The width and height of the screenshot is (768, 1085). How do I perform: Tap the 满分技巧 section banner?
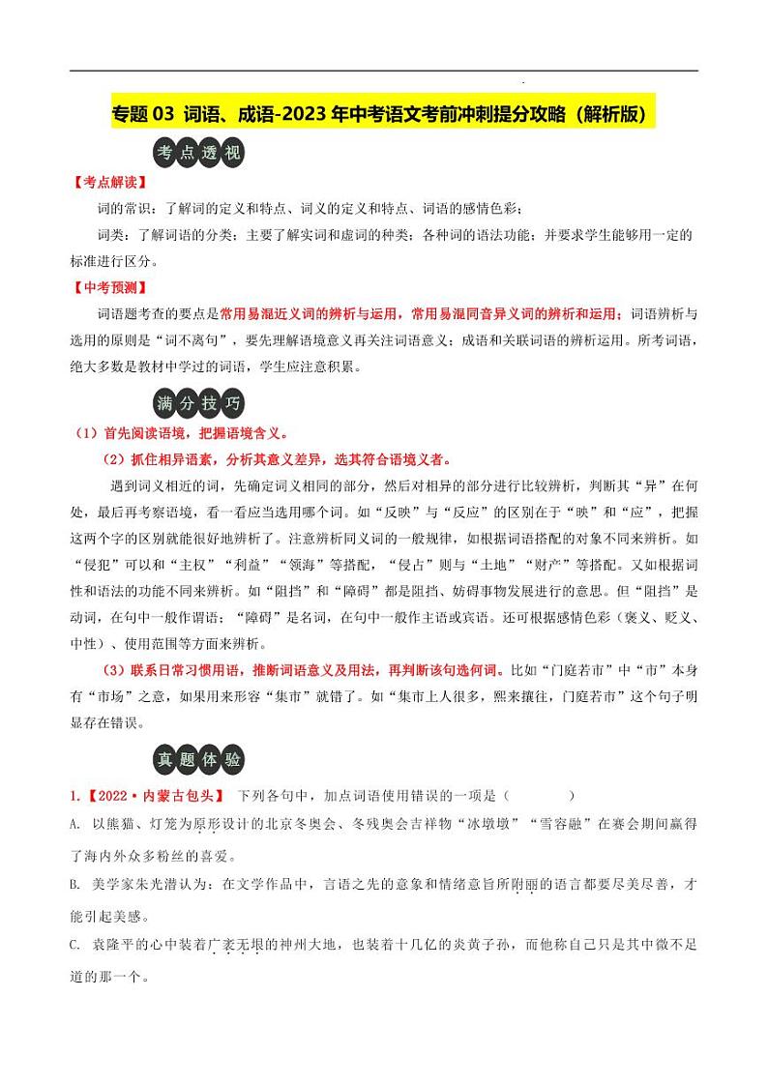pos(199,403)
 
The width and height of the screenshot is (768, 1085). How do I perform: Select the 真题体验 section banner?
pos(199,760)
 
